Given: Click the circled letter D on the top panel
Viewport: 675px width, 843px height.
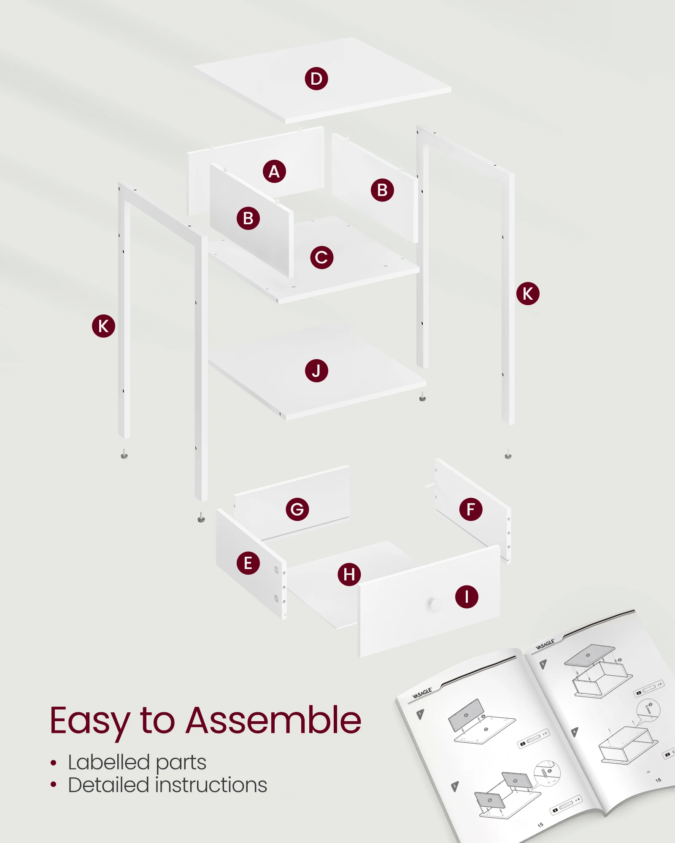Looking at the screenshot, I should tap(316, 79).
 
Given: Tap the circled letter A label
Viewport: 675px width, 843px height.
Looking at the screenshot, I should tap(274, 172).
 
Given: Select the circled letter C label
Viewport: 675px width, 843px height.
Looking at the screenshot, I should tap(321, 258).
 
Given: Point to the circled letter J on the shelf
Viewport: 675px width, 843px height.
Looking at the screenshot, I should tap(316, 371).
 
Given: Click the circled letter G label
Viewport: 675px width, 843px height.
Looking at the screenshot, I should tap(297, 509).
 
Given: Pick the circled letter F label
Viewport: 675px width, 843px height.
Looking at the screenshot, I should tap(471, 509).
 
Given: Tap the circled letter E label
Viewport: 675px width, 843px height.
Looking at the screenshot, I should tap(248, 563).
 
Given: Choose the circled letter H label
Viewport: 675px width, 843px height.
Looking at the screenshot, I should tap(349, 575).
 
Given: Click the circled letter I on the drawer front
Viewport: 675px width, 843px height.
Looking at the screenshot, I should tap(467, 597).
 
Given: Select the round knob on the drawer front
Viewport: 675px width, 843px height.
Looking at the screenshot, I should tap(434, 604).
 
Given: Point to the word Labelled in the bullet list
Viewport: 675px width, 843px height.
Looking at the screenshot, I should tap(109, 762).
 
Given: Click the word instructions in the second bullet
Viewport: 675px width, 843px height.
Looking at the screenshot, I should tap(211, 785).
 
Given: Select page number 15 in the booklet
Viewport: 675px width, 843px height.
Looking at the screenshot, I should tap(540, 825).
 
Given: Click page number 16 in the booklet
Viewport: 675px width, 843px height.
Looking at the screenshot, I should tap(658, 780).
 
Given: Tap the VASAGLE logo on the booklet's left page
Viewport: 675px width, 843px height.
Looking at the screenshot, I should tap(422, 693).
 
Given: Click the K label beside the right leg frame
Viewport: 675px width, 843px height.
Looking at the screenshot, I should tap(528, 294).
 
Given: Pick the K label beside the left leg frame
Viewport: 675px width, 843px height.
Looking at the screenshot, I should tap(103, 326).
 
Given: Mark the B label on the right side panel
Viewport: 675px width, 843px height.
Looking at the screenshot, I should tap(382, 190).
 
